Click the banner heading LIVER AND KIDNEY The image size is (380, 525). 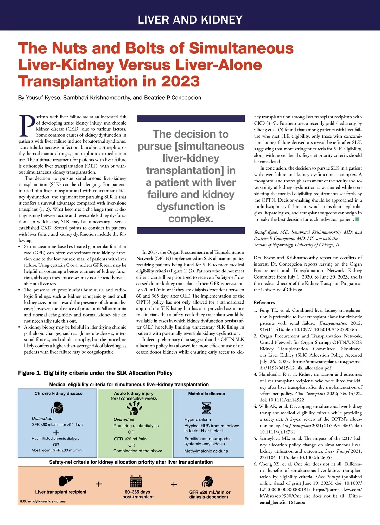[190, 20]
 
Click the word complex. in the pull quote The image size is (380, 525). [191, 218]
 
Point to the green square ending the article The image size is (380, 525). [357, 219]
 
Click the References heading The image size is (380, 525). [264, 302]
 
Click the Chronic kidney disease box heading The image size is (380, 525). [59, 394]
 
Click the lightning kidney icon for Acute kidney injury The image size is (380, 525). [135, 408]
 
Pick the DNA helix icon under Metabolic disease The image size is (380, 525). [206, 408]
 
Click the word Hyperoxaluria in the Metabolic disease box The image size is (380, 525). [198, 419]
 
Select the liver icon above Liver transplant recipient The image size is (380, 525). [66, 481]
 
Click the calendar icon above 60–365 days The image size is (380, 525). [136, 481]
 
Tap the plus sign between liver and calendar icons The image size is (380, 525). [99, 484]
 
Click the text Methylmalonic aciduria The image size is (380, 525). [206, 451]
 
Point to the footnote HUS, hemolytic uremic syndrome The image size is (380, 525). [43, 501]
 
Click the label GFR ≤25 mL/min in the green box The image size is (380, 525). [130, 439]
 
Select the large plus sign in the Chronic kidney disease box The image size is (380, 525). [56, 432]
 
